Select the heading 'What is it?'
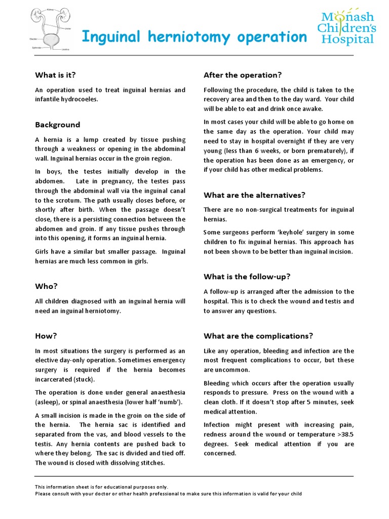tap(55, 75)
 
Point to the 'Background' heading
tap(57, 125)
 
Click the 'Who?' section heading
tap(46, 286)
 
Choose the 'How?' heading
tap(46, 336)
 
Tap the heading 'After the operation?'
tap(242, 75)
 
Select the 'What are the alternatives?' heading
tap(254, 195)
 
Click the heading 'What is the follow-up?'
tap(247, 276)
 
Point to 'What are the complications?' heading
tap(258, 336)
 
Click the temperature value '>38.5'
tap(342, 434)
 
